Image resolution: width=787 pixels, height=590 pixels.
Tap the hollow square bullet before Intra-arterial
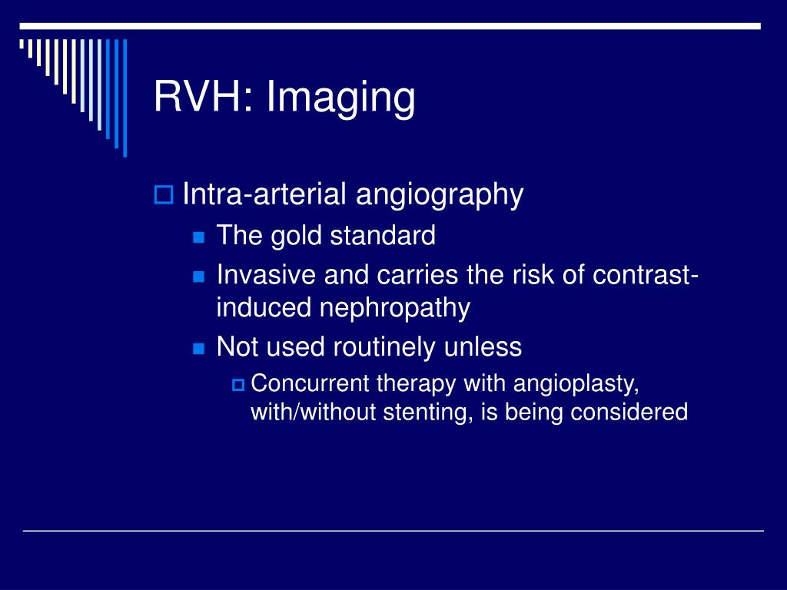163,195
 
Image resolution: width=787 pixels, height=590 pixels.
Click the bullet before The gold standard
199,237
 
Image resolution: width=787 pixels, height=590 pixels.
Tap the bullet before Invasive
199,275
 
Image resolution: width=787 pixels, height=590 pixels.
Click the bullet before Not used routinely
199,348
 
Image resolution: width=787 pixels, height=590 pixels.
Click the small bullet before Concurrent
237,383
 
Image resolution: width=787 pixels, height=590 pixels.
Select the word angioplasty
576,383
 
